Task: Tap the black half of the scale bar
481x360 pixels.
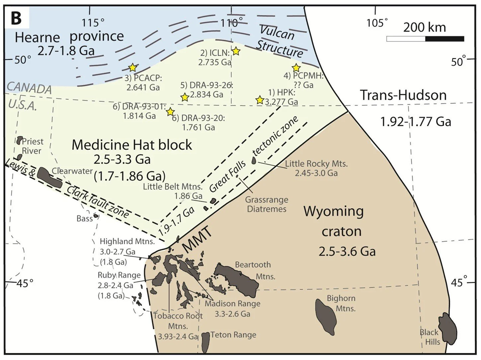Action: pyautogui.click(x=444, y=39)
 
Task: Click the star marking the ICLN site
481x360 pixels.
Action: pyautogui.click(x=236, y=51)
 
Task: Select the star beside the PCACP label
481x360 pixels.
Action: pyautogui.click(x=132, y=68)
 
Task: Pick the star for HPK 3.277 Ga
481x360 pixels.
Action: pyautogui.click(x=260, y=100)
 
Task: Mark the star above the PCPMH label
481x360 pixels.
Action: pyautogui.click(x=296, y=68)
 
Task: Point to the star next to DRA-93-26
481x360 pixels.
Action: pyautogui.click(x=185, y=97)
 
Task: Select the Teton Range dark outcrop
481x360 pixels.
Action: pyautogui.click(x=205, y=342)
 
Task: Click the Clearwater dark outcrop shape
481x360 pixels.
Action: pyautogui.click(x=49, y=178)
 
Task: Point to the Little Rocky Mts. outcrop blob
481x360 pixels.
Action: pyautogui.click(x=254, y=160)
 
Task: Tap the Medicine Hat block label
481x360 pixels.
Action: pyautogui.click(x=132, y=145)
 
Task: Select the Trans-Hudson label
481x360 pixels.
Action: pyautogui.click(x=403, y=95)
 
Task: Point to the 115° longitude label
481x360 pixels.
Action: pyautogui.click(x=93, y=23)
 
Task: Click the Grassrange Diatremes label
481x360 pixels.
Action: pyautogui.click(x=267, y=204)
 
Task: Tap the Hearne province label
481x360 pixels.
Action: pyautogui.click(x=69, y=37)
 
